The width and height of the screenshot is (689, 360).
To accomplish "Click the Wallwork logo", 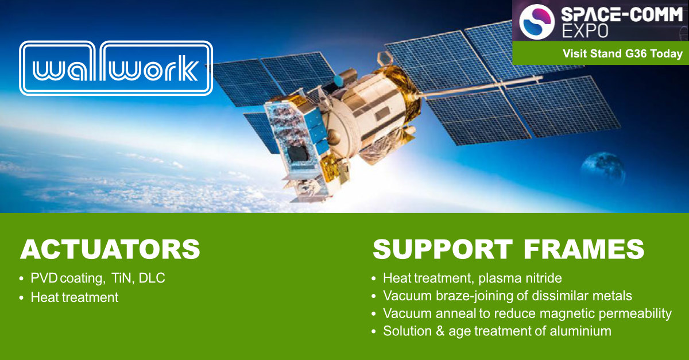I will click(115, 68).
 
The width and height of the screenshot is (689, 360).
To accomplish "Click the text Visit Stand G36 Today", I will click(622, 54).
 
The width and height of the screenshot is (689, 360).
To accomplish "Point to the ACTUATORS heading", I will click(110, 250).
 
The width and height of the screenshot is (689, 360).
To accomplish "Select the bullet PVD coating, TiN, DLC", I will click(98, 279).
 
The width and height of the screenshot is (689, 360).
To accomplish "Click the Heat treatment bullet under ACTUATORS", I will click(75, 297).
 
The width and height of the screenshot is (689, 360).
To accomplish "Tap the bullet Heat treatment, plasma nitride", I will click(472, 278).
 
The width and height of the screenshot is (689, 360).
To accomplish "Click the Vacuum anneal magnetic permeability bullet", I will click(527, 313).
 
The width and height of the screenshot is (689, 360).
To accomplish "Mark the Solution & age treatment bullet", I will click(497, 331).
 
